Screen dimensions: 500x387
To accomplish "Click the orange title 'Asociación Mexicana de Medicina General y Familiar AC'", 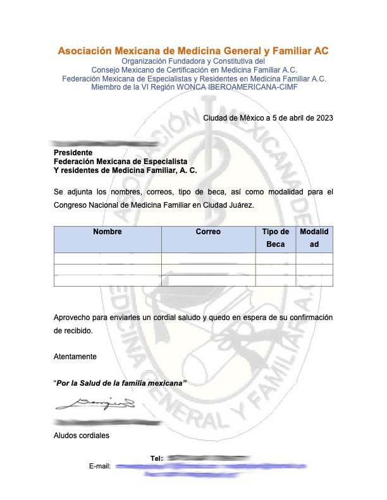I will click(193, 51).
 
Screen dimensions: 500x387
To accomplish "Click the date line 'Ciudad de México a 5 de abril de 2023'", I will click(268, 117).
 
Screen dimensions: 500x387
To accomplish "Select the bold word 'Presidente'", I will click(73, 153).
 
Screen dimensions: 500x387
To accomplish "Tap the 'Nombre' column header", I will click(107, 232).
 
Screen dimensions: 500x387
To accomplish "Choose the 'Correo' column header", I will click(208, 232).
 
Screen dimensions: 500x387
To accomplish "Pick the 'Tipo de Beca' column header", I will click(276, 238).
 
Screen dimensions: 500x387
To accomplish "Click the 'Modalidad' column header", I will click(314, 238).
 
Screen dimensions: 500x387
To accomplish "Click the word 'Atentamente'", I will click(75, 357).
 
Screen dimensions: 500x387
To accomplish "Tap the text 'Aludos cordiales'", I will click(82, 436).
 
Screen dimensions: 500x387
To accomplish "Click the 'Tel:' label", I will click(157, 458).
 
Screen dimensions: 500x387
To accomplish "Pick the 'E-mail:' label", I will click(101, 467).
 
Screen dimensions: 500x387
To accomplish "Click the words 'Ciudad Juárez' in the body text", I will click(232, 205).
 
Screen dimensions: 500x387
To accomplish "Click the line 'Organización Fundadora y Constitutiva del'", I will click(193, 61).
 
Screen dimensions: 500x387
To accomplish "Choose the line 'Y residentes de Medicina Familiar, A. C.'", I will click(125, 170).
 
